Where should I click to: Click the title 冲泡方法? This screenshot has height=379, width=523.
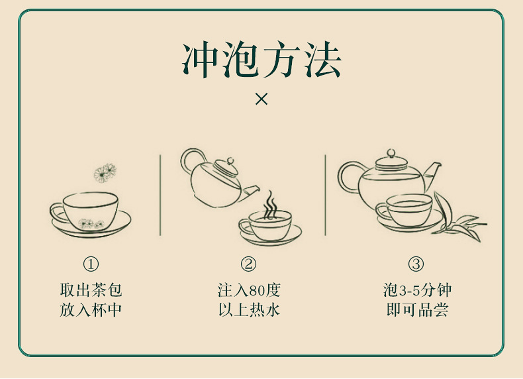pyautogui.click(x=261, y=60)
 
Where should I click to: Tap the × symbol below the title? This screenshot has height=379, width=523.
pyautogui.click(x=261, y=99)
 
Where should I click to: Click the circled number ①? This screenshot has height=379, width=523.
pyautogui.click(x=91, y=264)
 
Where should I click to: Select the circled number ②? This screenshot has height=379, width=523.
pyautogui.click(x=248, y=264)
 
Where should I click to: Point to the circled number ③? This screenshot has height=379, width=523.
pyautogui.click(x=416, y=264)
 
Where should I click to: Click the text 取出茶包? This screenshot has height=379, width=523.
pyautogui.click(x=91, y=290)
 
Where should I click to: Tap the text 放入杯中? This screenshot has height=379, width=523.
pyautogui.click(x=91, y=310)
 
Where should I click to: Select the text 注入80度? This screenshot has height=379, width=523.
pyautogui.click(x=249, y=290)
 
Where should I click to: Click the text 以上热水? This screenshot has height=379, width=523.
pyautogui.click(x=249, y=310)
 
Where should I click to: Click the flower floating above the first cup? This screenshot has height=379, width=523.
pyautogui.click(x=105, y=173)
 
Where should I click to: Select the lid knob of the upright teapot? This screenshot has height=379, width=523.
pyautogui.click(x=391, y=153)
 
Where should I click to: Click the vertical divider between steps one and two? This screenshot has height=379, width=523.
pyautogui.click(x=160, y=195)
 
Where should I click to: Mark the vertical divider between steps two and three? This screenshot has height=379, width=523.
pyautogui.click(x=325, y=195)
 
